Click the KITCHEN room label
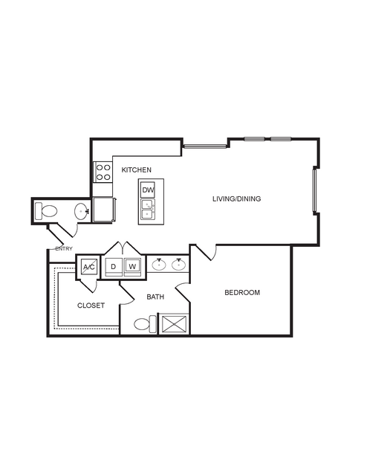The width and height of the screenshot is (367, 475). click(x=136, y=170)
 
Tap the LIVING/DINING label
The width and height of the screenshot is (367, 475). click(x=236, y=199)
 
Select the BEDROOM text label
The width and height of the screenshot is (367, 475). click(x=242, y=293)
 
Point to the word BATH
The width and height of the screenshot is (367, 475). click(x=155, y=297)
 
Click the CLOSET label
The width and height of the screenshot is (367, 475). click(x=91, y=306)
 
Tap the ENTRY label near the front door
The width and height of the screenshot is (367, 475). click(x=64, y=249)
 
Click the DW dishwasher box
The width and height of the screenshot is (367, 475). click(x=148, y=190)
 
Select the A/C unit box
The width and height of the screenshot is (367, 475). click(x=89, y=267)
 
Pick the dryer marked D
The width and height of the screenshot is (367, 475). click(x=114, y=267)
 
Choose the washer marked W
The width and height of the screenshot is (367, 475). click(x=132, y=267)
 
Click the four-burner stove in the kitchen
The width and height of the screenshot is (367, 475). click(x=103, y=172)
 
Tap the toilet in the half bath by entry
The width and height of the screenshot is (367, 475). click(x=46, y=211)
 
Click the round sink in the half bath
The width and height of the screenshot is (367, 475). click(x=82, y=210)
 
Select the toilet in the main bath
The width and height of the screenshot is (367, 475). click(x=146, y=324)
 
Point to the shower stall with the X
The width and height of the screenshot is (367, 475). click(x=175, y=324)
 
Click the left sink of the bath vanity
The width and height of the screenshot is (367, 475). click(x=159, y=265)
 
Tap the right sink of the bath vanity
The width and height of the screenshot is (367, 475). click(x=178, y=265)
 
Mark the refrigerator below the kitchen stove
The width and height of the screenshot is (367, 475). click(x=104, y=210)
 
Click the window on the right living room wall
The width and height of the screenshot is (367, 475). click(x=315, y=190)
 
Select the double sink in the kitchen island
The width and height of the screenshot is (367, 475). click(x=148, y=210)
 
